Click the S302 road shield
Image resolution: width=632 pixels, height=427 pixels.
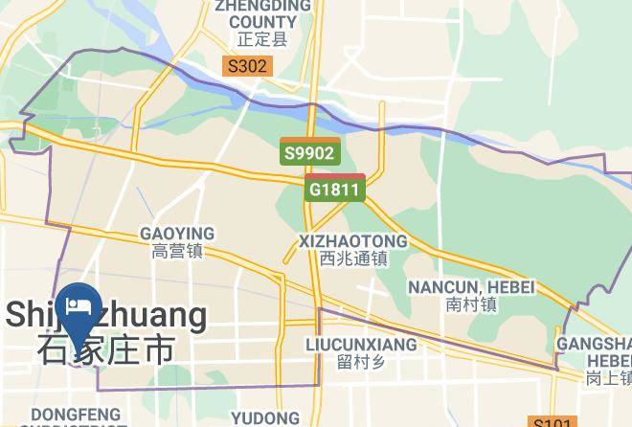tap(247, 67)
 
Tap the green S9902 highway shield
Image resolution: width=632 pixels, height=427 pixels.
tap(309, 152)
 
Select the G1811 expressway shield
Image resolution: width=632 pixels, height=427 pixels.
tap(335, 188)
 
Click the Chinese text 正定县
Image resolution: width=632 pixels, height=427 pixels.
tap(262, 41)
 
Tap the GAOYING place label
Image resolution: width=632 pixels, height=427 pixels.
tap(177, 235)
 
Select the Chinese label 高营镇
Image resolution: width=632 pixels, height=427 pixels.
tap(177, 253)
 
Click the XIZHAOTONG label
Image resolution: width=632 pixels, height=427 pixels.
tap(353, 241)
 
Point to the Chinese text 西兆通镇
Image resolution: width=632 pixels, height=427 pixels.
tap(353, 258)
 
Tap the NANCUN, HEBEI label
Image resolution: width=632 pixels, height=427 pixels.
tap(471, 287)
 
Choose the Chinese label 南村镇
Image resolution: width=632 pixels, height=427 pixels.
tap(471, 305)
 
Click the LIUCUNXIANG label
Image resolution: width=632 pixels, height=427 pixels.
tap(361, 344)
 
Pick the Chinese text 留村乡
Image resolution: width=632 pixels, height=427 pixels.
tap(361, 362)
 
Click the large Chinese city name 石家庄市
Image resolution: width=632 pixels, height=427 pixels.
tap(106, 348)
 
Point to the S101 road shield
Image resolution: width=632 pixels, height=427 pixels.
tap(554, 422)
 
